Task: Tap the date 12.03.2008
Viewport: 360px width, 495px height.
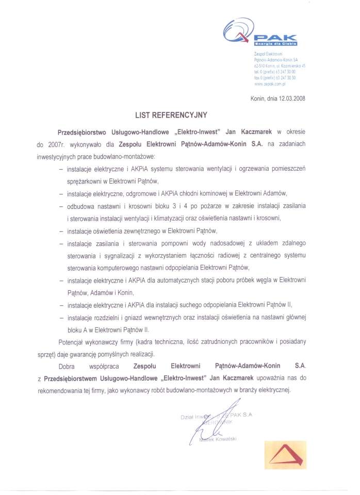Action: click(x=291, y=99)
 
